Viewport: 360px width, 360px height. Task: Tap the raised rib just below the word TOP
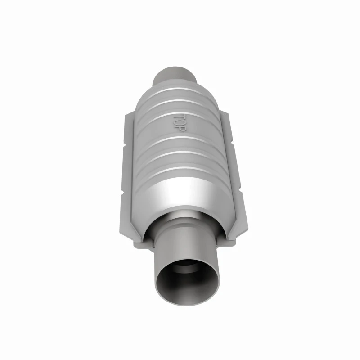click(180, 138)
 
